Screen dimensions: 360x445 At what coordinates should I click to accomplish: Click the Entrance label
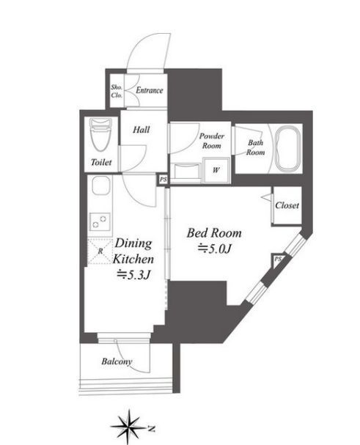point(150,90)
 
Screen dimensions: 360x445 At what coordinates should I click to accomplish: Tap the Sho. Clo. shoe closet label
point(117,91)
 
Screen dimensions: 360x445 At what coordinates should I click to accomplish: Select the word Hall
point(142,130)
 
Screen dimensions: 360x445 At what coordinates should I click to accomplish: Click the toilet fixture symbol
point(100,135)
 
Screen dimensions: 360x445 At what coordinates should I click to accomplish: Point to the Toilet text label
point(101,162)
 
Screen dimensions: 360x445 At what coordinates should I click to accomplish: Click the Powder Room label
point(211,141)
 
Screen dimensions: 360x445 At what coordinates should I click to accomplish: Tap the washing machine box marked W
point(216,170)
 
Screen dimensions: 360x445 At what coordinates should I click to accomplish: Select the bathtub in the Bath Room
point(288,149)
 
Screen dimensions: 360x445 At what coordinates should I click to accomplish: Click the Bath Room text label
point(256,147)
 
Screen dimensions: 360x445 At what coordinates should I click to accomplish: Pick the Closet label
point(287,205)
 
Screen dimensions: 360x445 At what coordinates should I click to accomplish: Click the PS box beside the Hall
point(163,180)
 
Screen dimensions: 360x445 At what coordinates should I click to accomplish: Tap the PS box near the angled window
point(278,260)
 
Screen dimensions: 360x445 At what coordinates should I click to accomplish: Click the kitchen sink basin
point(100,185)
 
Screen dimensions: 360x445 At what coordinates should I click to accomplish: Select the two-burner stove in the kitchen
point(100,221)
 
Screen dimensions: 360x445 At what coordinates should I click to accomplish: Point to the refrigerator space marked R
point(100,251)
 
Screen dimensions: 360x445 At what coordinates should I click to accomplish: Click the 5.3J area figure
point(133,275)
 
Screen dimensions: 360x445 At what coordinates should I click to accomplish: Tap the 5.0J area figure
point(215,249)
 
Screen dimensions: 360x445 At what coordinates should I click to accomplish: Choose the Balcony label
point(117,361)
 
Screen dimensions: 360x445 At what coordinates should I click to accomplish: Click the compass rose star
point(129,427)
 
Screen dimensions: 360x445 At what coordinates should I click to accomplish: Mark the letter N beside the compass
point(152,428)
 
